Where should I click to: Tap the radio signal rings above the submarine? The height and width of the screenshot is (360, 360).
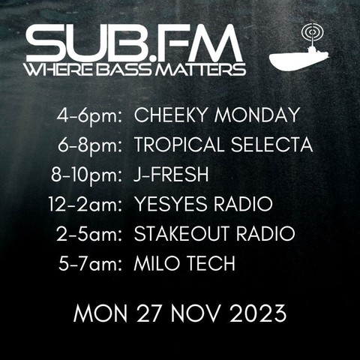[313, 32]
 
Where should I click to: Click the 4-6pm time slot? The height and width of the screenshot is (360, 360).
[90, 115]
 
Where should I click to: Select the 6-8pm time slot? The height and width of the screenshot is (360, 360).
[90, 145]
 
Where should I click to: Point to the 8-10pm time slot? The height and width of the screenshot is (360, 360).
[87, 175]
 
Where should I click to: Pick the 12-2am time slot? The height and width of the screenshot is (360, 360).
[85, 204]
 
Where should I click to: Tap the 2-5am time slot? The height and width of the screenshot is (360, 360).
[90, 234]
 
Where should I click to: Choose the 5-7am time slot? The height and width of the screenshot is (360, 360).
[91, 263]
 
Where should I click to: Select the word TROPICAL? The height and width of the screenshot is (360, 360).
[179, 145]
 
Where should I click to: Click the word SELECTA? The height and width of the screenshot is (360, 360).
[271, 145]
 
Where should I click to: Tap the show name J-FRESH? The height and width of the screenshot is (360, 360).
[171, 174]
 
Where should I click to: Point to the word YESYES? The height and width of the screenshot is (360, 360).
[171, 204]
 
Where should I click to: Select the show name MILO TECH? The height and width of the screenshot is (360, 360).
[184, 263]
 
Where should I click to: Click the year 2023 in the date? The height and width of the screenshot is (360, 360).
[258, 313]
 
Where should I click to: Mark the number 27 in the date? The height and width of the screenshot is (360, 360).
[148, 313]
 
